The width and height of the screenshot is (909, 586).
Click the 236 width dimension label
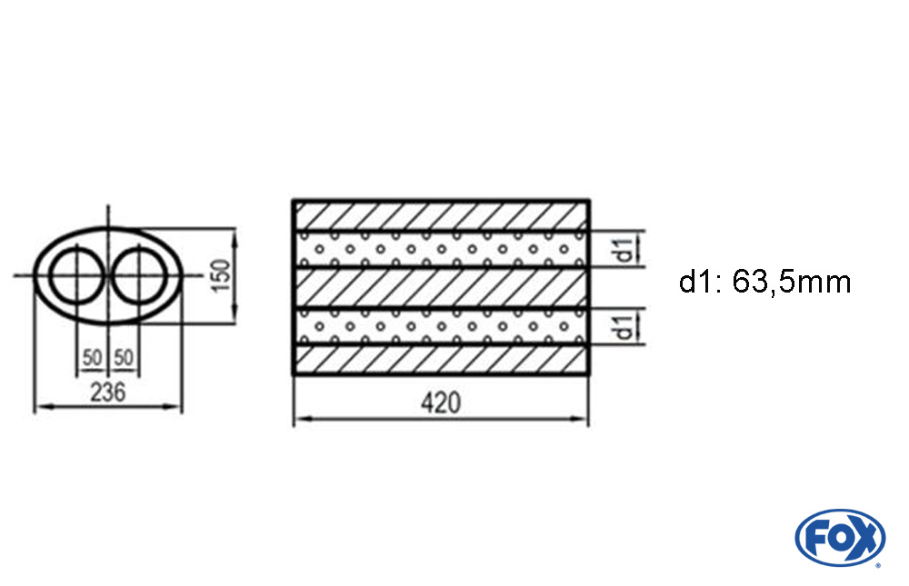click(108, 392)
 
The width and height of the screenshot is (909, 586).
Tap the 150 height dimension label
click(221, 275)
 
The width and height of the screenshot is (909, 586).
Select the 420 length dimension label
click(441, 402)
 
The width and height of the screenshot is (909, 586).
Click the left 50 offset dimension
click(92, 358)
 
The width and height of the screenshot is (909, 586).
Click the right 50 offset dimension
click(124, 358)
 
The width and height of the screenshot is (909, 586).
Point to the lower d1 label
click(624, 327)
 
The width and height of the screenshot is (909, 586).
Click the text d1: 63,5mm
click(764, 283)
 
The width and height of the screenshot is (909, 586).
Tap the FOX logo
click(840, 537)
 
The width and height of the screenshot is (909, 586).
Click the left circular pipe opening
click(76, 275)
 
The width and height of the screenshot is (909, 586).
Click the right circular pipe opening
click(139, 275)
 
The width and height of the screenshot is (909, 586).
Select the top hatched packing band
click(441, 216)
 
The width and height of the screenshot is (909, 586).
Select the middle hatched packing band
click(441, 288)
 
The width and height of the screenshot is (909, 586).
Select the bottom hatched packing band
click(441, 360)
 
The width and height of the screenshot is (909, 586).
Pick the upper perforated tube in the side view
click(441, 250)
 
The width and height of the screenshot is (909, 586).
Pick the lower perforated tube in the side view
click(441, 326)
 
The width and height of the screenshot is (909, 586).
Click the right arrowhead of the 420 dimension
click(581, 418)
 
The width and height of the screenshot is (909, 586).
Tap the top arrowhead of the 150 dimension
click(235, 234)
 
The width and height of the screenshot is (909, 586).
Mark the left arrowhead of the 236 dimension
click(41, 407)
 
